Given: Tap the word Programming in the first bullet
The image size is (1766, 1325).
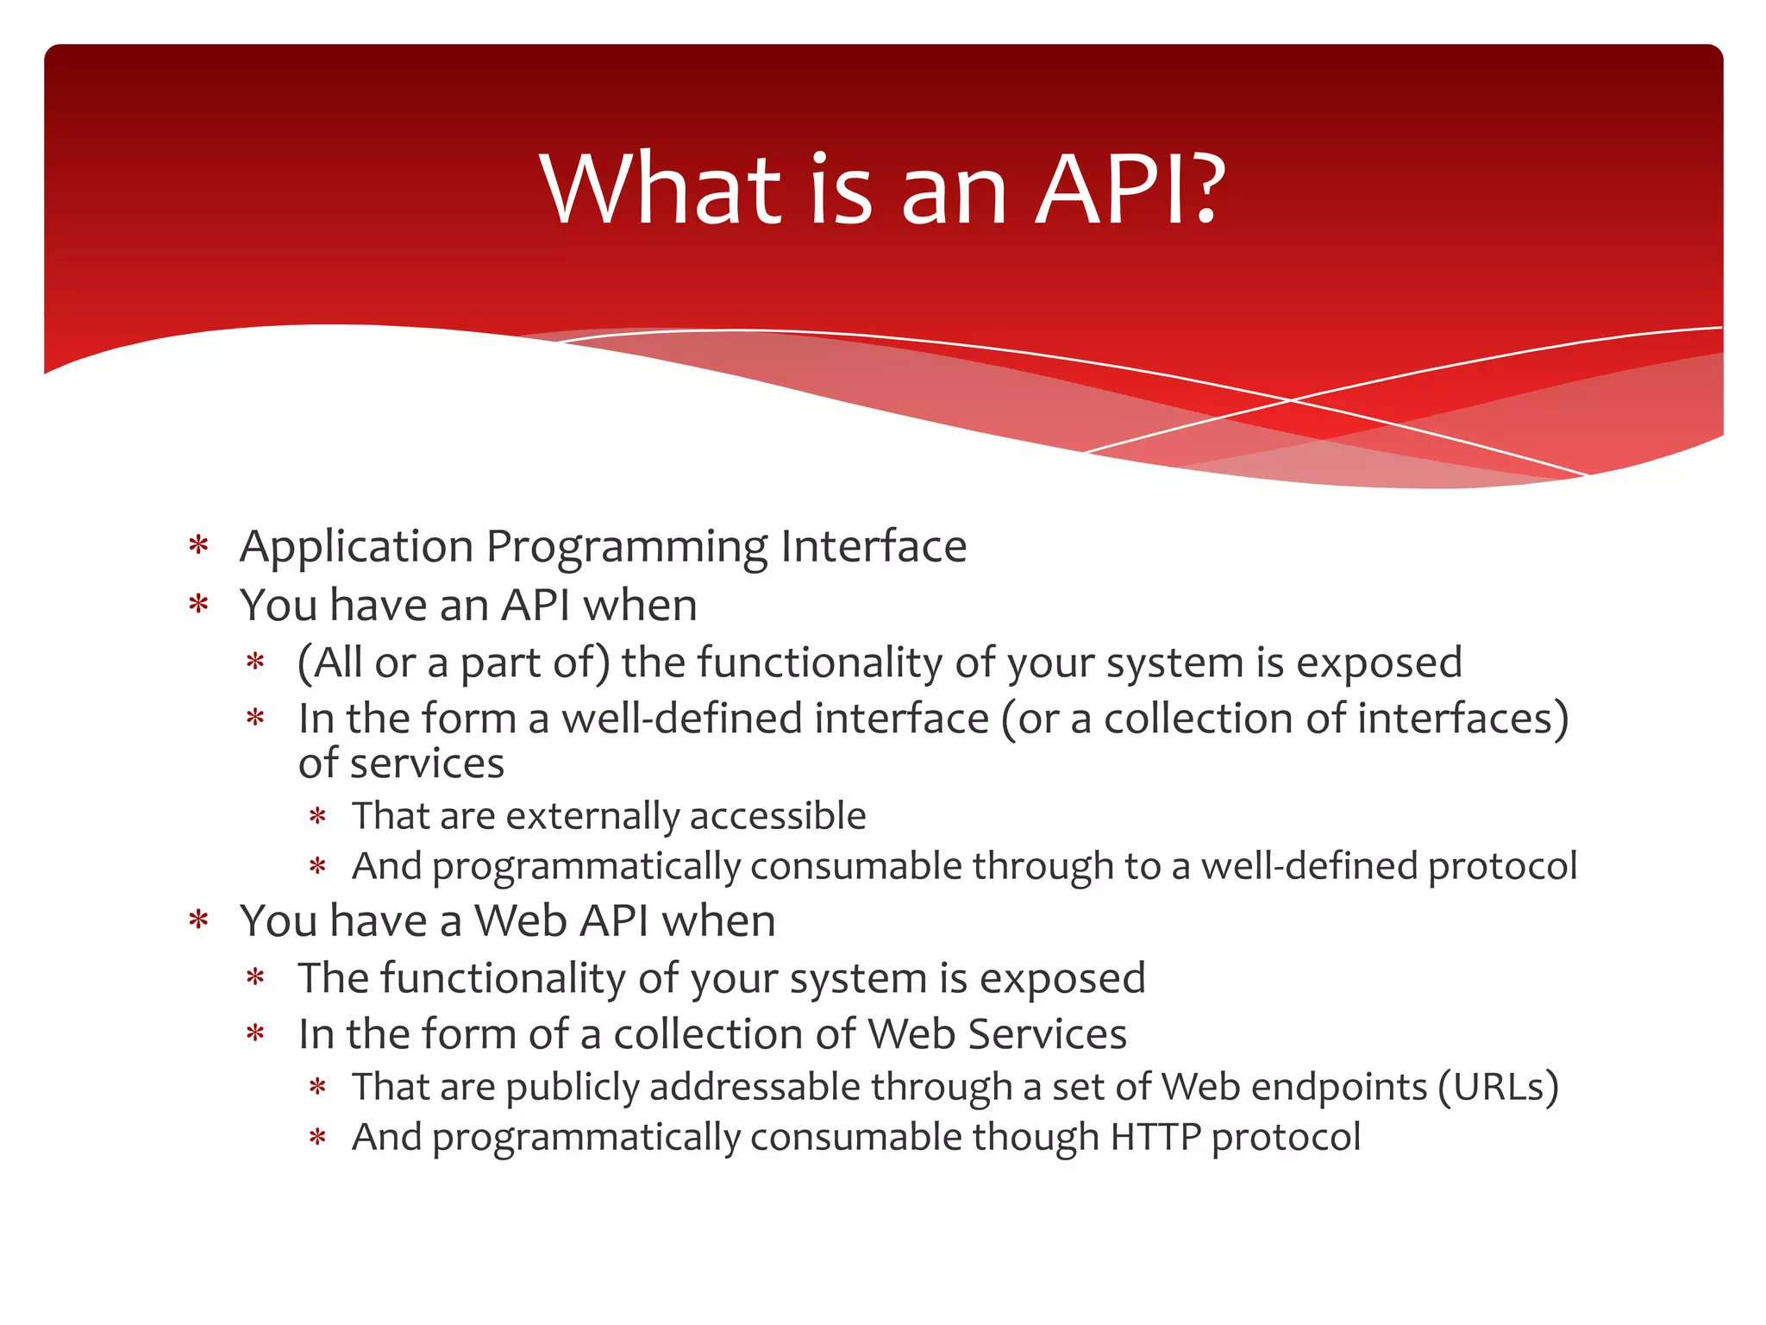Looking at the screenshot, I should click(x=626, y=547).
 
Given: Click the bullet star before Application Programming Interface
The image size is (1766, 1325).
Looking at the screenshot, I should click(x=199, y=546).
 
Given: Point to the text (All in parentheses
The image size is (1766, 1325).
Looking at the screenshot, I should click(x=329, y=663).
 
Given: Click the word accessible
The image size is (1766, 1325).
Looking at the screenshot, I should click(x=778, y=816).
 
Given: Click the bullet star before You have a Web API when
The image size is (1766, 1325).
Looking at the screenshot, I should click(x=199, y=920).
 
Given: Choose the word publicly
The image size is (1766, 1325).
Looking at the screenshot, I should click(x=572, y=1087).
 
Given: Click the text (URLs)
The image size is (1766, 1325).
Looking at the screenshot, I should click(x=1498, y=1087).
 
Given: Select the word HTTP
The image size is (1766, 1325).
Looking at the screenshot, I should click(x=1155, y=1137).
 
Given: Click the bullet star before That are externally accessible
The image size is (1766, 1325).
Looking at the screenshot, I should click(x=318, y=816).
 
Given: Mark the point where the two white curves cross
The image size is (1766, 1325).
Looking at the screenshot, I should click(x=1291, y=400).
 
